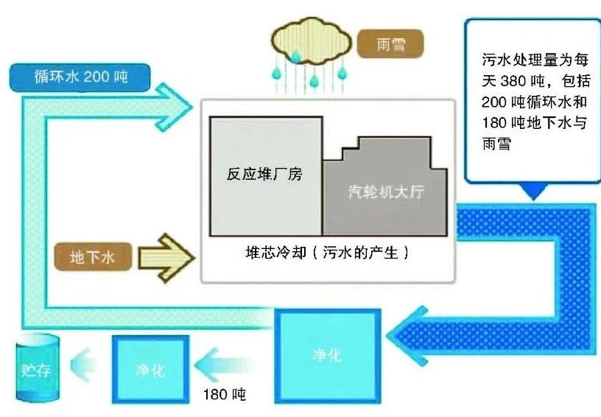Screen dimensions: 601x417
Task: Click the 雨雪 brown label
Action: click(x=390, y=44)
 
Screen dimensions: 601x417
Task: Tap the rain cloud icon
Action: click(x=311, y=43)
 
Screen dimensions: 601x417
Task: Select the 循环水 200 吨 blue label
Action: click(x=80, y=77)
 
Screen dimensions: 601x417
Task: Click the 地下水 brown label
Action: click(x=93, y=256)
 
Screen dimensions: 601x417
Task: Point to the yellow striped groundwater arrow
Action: click(x=166, y=258)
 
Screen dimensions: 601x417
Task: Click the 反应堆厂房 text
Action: click(x=264, y=174)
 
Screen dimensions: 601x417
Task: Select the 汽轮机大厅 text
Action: click(x=387, y=192)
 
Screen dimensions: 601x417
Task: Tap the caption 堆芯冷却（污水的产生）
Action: click(x=327, y=253)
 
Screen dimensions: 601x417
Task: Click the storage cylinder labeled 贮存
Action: click(x=38, y=368)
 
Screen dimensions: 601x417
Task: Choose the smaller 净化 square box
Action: click(x=151, y=369)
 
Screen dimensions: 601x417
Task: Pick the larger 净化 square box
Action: click(x=327, y=356)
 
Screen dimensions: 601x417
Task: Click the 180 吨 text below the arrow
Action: click(x=224, y=394)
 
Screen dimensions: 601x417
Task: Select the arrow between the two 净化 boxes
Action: click(x=224, y=365)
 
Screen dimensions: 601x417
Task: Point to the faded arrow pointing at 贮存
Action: click(x=83, y=365)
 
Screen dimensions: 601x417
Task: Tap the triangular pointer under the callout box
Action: click(x=533, y=192)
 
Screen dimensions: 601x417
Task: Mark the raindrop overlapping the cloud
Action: click(x=295, y=56)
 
